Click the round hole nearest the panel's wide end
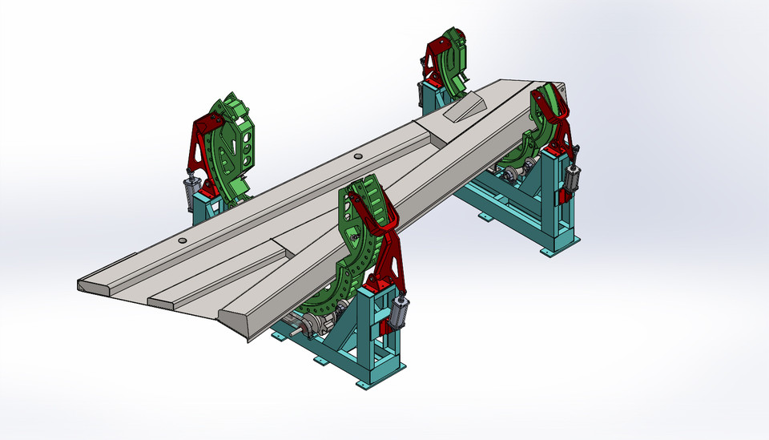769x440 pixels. tap(183, 240)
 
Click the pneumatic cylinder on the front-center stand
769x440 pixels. tap(400, 312)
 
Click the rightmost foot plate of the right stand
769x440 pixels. tap(547, 252)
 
